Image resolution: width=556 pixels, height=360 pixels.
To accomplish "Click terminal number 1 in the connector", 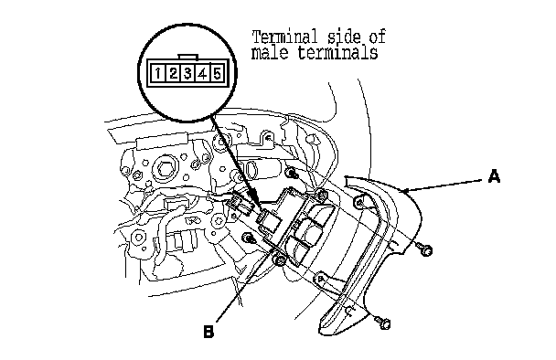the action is click(x=158, y=73).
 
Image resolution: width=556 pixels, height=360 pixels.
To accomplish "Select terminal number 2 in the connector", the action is click(x=173, y=73).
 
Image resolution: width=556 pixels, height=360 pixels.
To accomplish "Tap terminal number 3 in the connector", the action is click(x=188, y=73).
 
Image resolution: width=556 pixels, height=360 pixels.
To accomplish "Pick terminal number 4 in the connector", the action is click(x=202, y=73).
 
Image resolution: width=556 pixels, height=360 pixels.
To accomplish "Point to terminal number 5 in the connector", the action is click(x=217, y=73).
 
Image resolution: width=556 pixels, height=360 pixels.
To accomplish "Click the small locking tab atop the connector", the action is click(x=188, y=57).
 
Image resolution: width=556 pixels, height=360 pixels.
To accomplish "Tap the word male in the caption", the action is click(x=270, y=52).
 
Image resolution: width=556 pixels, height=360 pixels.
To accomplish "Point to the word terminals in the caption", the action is click(x=337, y=52).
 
